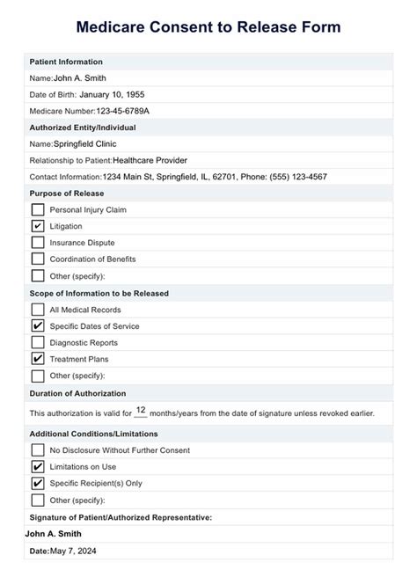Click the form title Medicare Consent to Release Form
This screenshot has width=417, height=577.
click(208, 27)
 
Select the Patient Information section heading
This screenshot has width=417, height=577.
click(66, 62)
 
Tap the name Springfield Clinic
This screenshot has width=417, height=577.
click(84, 143)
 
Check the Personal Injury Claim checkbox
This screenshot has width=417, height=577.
click(38, 209)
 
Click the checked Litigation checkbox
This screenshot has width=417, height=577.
click(38, 226)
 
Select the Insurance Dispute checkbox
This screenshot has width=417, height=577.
click(38, 242)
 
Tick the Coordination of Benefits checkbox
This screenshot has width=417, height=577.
click(38, 259)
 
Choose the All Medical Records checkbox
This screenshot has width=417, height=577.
click(38, 310)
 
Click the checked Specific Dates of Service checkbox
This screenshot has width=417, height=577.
click(38, 326)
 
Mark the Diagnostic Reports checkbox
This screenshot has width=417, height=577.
click(38, 342)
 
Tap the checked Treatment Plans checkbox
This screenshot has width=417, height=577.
click(38, 359)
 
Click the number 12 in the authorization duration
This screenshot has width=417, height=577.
click(141, 411)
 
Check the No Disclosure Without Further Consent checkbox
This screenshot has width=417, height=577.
click(38, 450)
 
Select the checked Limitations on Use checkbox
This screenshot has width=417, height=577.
click(38, 467)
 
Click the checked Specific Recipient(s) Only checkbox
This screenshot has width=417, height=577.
click(38, 483)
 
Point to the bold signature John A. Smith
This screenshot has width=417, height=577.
click(53, 533)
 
